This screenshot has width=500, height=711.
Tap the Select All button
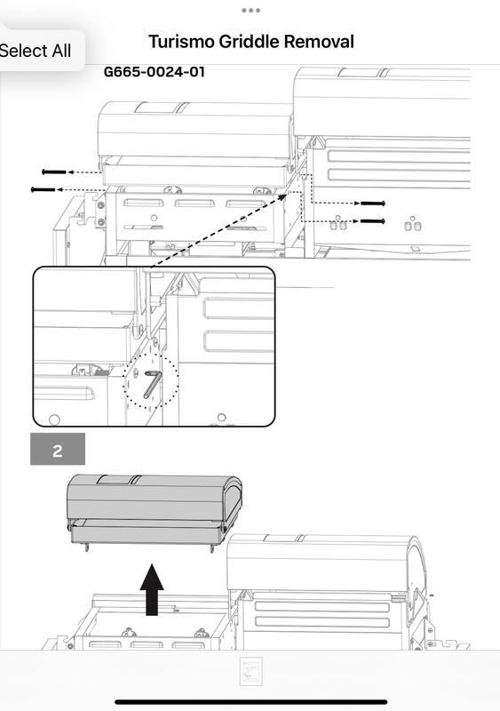pyautogui.click(x=36, y=51)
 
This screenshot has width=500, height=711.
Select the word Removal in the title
pyautogui.click(x=321, y=42)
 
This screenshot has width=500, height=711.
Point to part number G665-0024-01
pyautogui.click(x=155, y=72)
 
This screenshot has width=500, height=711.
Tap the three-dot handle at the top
pyautogui.click(x=250, y=11)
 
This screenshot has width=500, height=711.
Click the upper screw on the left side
pyautogui.click(x=54, y=172)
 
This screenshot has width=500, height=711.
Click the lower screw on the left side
pyautogui.click(x=43, y=189)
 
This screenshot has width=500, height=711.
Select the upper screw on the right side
pyautogui.click(x=372, y=204)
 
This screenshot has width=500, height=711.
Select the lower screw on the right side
pyautogui.click(x=372, y=220)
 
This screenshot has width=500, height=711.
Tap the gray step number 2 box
pyautogui.click(x=58, y=450)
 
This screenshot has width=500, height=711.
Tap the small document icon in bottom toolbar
pyautogui.click(x=250, y=672)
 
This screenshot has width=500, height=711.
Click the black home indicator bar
pyautogui.click(x=250, y=702)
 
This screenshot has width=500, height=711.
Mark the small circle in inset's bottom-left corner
pyautogui.click(x=54, y=419)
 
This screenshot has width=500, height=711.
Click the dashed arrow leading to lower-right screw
pyautogui.click(x=336, y=220)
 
